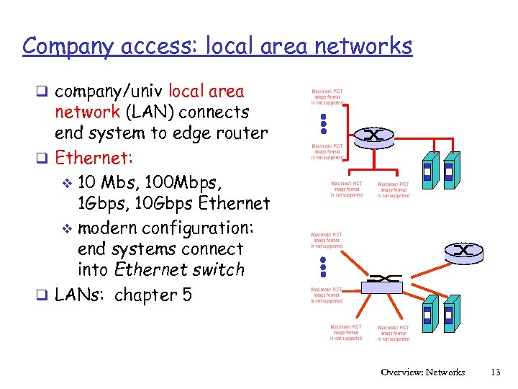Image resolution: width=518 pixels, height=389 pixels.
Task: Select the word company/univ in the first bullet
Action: (x=109, y=91)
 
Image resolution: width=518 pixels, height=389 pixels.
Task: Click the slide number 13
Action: (x=494, y=372)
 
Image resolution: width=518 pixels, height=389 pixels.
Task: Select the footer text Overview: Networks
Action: (x=423, y=372)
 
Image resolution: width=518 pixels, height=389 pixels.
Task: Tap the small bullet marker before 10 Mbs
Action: (x=68, y=181)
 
